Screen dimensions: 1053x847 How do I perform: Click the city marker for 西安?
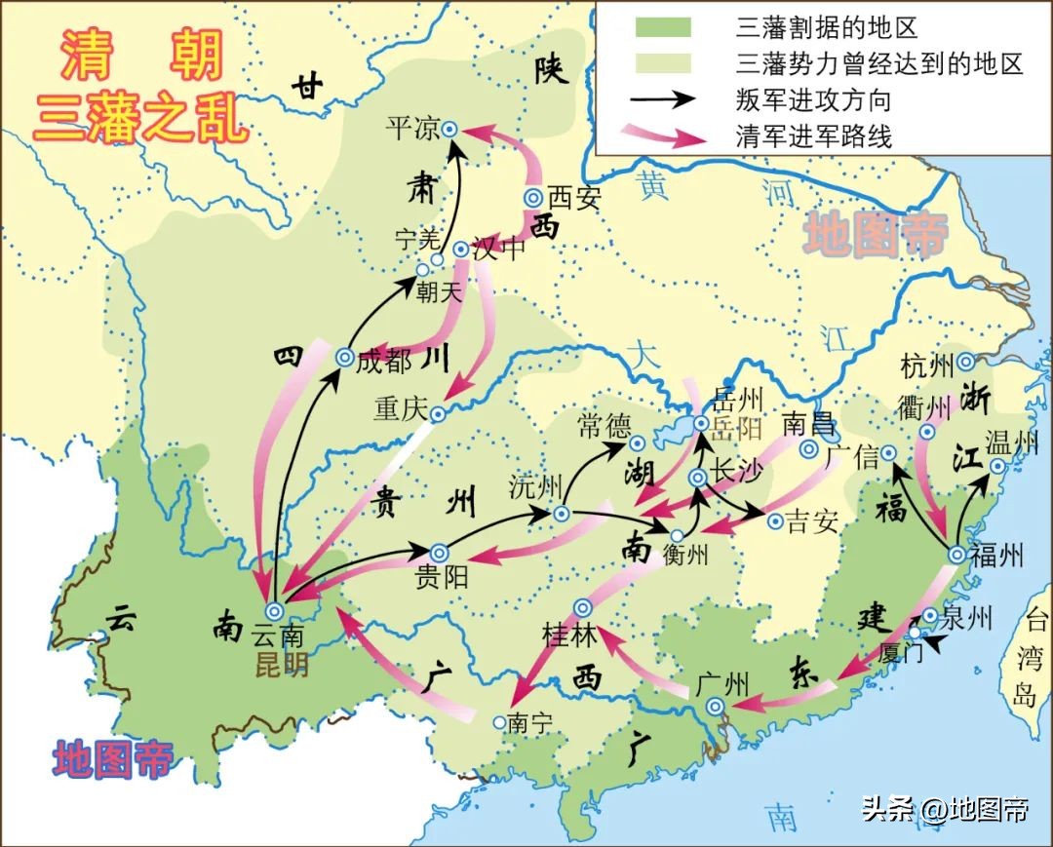pyautogui.click(x=533, y=197)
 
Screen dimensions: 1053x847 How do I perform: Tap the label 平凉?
pyautogui.click(x=412, y=129)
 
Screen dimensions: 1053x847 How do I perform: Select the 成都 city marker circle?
pyautogui.click(x=344, y=358)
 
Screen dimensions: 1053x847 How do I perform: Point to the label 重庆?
pyautogui.click(x=400, y=409)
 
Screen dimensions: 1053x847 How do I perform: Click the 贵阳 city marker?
pyautogui.click(x=438, y=552)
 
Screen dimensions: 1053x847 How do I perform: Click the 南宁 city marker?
pyautogui.click(x=499, y=722)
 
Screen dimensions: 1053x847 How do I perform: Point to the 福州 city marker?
pyautogui.click(x=957, y=555)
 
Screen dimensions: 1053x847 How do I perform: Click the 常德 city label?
pyautogui.click(x=605, y=425)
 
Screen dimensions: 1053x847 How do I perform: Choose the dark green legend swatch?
pyautogui.click(x=662, y=28)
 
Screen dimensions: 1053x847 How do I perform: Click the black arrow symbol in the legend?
pyautogui.click(x=662, y=99)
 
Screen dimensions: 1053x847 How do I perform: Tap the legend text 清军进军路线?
pyautogui.click(x=815, y=136)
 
